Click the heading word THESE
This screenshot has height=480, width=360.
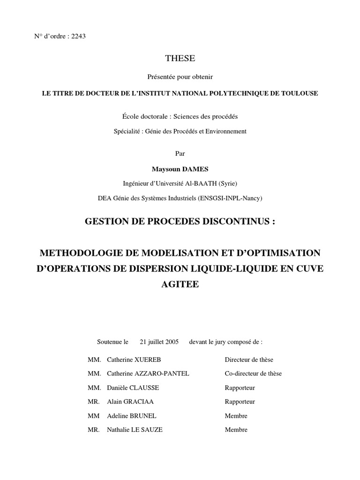pos(180,59)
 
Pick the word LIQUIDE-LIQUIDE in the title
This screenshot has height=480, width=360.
pos(252,269)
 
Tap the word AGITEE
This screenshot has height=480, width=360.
pos(180,284)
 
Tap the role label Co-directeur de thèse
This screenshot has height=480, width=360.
pos(253,374)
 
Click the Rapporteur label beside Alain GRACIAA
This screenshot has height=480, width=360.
pos(240,402)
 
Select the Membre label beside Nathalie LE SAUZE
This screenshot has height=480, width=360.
pos(236,430)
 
